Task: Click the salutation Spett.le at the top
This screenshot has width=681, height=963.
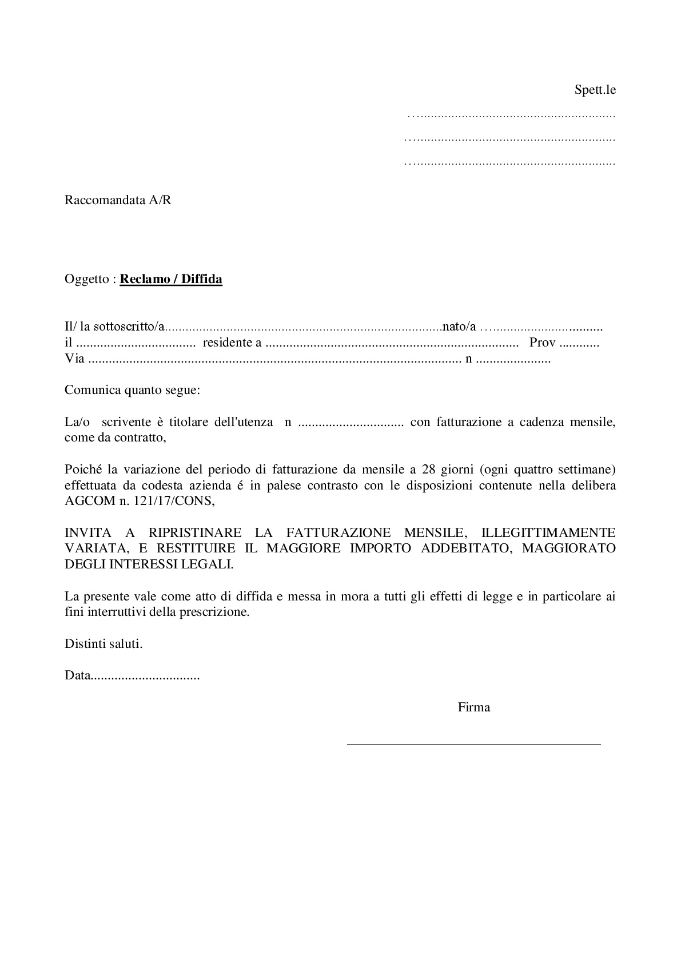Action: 595,90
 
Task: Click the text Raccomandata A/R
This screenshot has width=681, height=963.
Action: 118,200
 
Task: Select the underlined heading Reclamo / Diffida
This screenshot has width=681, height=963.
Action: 171,279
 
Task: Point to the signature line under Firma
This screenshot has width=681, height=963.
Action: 473,744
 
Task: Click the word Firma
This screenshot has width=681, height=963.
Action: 473,707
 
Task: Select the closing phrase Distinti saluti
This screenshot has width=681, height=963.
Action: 103,643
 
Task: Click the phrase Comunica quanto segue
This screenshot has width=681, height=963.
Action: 133,391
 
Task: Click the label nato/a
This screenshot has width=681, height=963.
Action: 459,327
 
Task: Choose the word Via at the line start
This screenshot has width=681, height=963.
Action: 74,359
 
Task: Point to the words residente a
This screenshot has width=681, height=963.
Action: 232,343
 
